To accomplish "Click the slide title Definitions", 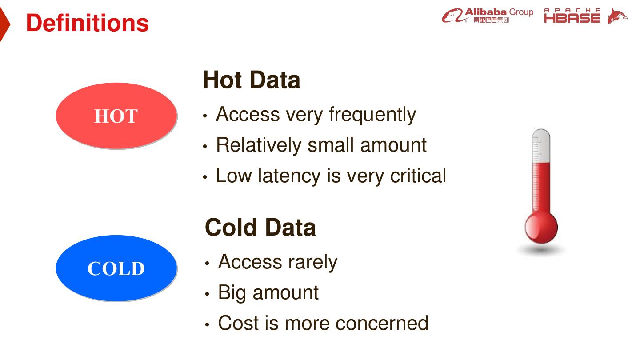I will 87,23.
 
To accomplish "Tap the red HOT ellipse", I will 116,116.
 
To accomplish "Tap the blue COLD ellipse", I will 116,268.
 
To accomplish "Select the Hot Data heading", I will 251,80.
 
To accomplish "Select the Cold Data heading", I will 260,228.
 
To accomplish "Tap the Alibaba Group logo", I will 487,16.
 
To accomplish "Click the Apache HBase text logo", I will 572,16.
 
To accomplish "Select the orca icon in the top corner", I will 617,16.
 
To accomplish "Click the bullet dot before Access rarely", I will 207,263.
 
